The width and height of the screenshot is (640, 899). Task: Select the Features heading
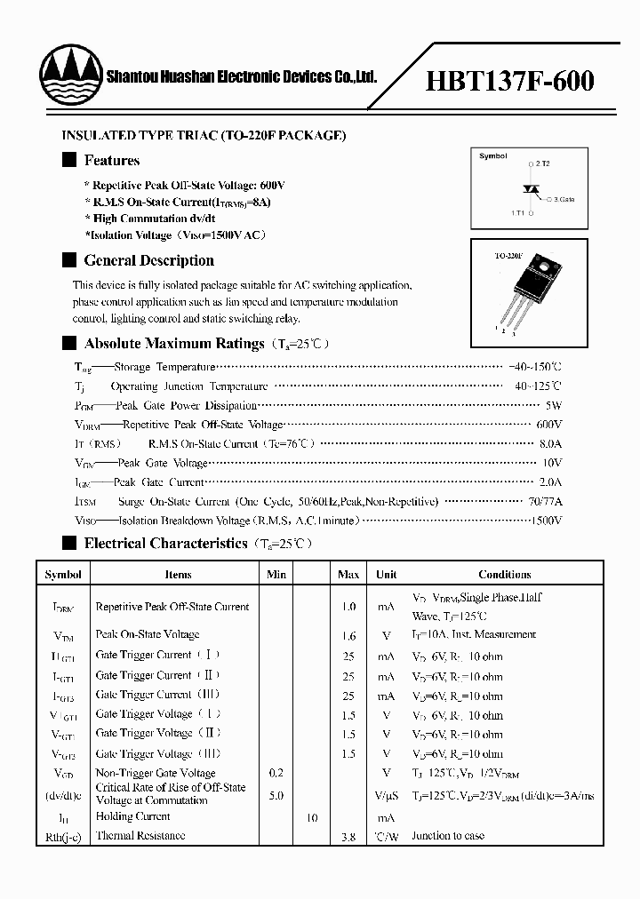pyautogui.click(x=111, y=161)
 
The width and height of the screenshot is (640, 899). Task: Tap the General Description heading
pyautogui.click(x=148, y=261)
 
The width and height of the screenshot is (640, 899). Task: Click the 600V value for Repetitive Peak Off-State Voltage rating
pyautogui.click(x=549, y=425)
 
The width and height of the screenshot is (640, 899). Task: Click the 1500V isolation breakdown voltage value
pyautogui.click(x=545, y=521)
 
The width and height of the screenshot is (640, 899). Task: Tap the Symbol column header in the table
pyautogui.click(x=63, y=575)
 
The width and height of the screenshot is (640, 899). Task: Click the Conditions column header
pyautogui.click(x=504, y=575)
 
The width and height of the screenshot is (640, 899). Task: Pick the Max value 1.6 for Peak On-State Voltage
pyautogui.click(x=348, y=636)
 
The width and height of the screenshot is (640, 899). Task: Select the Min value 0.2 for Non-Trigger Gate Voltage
pyautogui.click(x=276, y=774)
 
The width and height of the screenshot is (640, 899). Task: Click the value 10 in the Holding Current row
pyautogui.click(x=312, y=817)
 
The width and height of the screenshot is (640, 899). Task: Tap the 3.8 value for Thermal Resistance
pyautogui.click(x=348, y=837)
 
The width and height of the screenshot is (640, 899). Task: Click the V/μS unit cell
pyautogui.click(x=386, y=796)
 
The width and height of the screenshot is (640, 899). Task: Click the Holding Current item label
pyautogui.click(x=132, y=816)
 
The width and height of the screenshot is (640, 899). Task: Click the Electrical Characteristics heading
pyautogui.click(x=165, y=544)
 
